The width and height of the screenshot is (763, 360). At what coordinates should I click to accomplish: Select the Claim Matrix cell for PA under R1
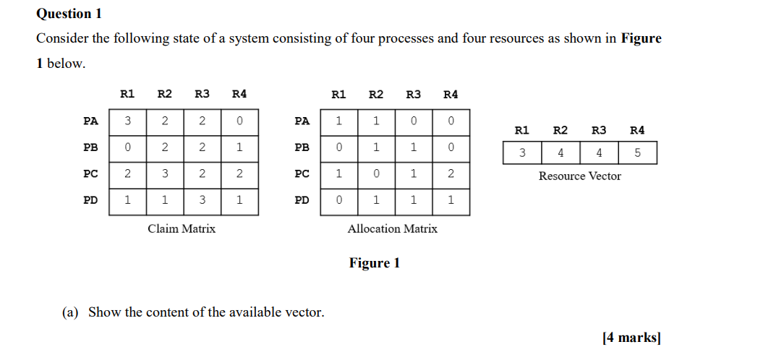pyautogui.click(x=127, y=121)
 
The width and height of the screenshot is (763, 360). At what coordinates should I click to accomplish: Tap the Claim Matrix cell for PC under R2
pyautogui.click(x=165, y=173)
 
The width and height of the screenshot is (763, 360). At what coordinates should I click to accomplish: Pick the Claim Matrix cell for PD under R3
pyautogui.click(x=203, y=200)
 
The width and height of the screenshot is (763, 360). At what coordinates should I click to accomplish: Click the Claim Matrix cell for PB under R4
pyautogui.click(x=239, y=147)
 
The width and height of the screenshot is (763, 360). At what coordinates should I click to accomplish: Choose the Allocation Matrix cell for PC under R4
pyautogui.click(x=451, y=173)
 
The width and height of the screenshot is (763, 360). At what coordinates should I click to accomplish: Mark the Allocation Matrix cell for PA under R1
pyautogui.click(x=338, y=121)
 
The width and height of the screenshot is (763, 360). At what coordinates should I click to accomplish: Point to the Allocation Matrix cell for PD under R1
pyautogui.click(x=338, y=200)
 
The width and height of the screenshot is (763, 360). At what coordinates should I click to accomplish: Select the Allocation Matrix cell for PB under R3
pyautogui.click(x=413, y=147)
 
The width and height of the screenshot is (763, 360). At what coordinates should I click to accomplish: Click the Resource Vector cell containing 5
pyautogui.click(x=637, y=153)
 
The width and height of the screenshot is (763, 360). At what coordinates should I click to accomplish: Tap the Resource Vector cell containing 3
pyautogui.click(x=521, y=153)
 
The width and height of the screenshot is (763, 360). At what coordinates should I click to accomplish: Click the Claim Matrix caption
pyautogui.click(x=182, y=228)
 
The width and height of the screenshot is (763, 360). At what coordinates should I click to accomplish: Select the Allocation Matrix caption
pyautogui.click(x=393, y=228)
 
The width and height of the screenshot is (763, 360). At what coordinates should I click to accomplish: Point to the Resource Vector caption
pyautogui.click(x=579, y=176)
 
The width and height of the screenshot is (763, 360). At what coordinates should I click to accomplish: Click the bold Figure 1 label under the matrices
pyautogui.click(x=374, y=262)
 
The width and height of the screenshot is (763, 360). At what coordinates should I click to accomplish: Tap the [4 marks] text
pyautogui.click(x=631, y=337)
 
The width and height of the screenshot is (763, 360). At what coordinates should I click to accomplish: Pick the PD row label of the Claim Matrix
pyautogui.click(x=90, y=200)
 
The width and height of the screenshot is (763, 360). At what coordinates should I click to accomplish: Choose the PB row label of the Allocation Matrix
pyautogui.click(x=302, y=147)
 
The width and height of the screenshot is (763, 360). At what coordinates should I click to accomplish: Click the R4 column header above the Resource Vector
pyautogui.click(x=637, y=130)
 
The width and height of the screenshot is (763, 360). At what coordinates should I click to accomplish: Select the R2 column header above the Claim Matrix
pyautogui.click(x=165, y=94)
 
